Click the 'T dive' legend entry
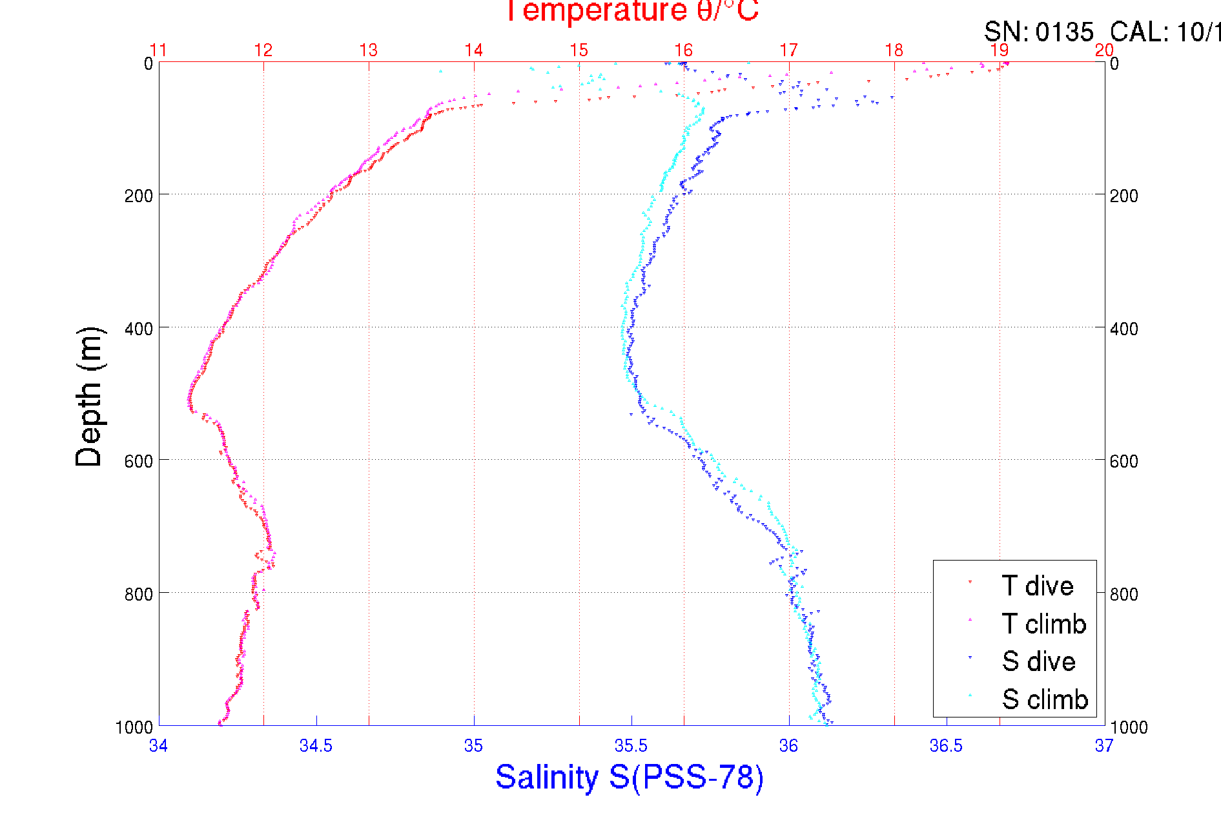coord(1036,586)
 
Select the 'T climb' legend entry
coord(1043,624)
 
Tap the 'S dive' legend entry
coord(1038,661)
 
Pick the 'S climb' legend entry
coord(1044,699)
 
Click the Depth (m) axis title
coord(89,397)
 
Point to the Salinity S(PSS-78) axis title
coord(630,777)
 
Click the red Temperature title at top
coord(631,12)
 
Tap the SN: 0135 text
coord(1038,32)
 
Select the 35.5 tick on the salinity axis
coord(631,746)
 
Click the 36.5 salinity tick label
coord(946,746)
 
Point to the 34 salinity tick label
coord(158,746)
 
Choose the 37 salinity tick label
coord(1103,746)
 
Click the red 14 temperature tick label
coord(473,50)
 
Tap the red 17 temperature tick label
coord(788,50)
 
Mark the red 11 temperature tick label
coord(158,50)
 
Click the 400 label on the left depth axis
coord(139,329)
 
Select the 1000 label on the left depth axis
coord(134,727)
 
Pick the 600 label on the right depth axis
coord(1124,461)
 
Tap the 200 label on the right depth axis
coord(1124,196)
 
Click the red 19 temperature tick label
coord(999,50)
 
